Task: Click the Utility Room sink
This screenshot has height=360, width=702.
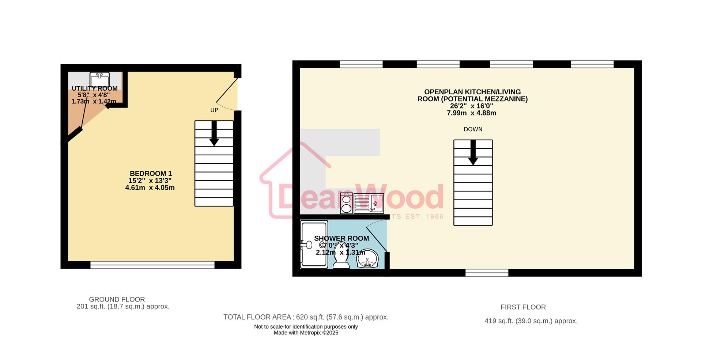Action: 99,79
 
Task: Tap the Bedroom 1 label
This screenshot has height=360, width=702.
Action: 151,174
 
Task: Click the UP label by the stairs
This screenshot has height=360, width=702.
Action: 214,110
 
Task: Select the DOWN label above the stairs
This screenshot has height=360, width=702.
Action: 473,129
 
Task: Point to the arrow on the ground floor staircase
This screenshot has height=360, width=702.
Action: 214,134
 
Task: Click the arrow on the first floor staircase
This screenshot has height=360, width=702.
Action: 473,153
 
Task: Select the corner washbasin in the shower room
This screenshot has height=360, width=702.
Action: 367,259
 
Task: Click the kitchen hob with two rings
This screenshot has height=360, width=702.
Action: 346,204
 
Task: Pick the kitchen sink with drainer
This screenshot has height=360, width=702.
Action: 369,204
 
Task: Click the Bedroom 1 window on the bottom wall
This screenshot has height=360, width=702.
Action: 152,265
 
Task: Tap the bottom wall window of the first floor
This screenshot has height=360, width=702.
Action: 487,273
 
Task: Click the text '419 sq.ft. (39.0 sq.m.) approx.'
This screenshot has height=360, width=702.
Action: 531,321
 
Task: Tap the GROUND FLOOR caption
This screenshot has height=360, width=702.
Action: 117,299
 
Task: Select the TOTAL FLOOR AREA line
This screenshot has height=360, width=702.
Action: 306,317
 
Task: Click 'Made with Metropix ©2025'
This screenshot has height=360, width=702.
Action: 306,333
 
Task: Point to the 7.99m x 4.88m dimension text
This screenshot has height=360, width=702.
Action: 471,113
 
